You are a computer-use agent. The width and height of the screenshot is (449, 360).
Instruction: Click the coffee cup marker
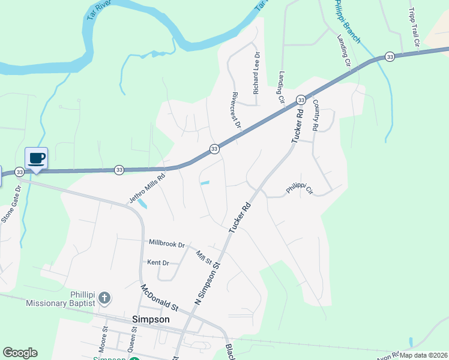37,158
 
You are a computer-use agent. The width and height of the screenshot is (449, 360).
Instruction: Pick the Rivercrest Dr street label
236,111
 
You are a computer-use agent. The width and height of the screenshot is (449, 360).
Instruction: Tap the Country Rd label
315,116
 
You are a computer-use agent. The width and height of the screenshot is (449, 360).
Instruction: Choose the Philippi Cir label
300,190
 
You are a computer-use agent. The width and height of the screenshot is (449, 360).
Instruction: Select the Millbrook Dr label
167,243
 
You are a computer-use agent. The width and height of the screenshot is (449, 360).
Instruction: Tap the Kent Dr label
158,263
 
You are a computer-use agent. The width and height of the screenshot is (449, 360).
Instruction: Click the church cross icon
104,298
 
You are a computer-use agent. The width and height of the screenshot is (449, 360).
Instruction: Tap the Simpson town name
150,320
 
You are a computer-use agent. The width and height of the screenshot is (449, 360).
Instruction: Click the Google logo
20,353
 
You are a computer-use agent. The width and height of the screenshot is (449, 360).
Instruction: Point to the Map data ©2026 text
423,355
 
